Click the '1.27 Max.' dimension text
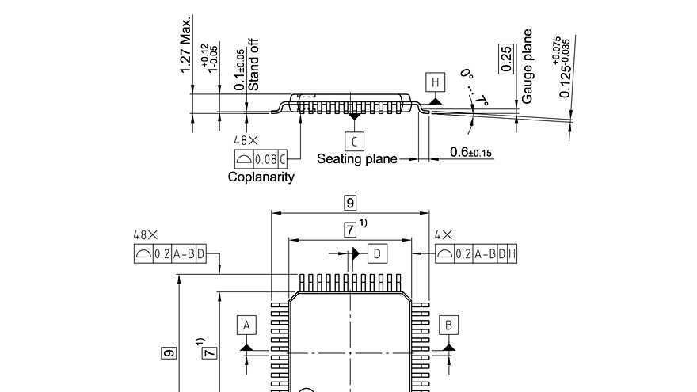[186, 45]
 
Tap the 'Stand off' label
[254, 64]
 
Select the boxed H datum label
[435, 82]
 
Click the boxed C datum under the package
[355, 141]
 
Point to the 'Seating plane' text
[357, 158]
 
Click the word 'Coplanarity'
[261, 177]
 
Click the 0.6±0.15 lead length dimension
[470, 152]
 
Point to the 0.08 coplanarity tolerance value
[265, 158]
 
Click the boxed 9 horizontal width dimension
[350, 203]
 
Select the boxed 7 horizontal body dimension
[350, 230]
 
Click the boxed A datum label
[246, 325]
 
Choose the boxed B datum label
[449, 325]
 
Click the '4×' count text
[444, 235]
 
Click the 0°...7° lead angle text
[474, 87]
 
